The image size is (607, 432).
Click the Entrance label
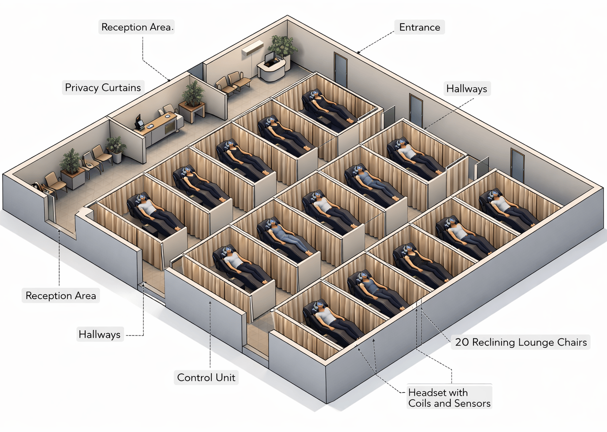[x=419, y=27]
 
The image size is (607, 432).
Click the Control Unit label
[x=206, y=377]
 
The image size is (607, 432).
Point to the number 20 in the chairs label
[x=462, y=342]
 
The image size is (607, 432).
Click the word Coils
[x=420, y=403]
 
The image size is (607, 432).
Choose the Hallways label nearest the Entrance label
[x=467, y=89]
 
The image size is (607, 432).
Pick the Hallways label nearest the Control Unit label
[x=99, y=335]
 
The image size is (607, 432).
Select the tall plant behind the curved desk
[x=282, y=46]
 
